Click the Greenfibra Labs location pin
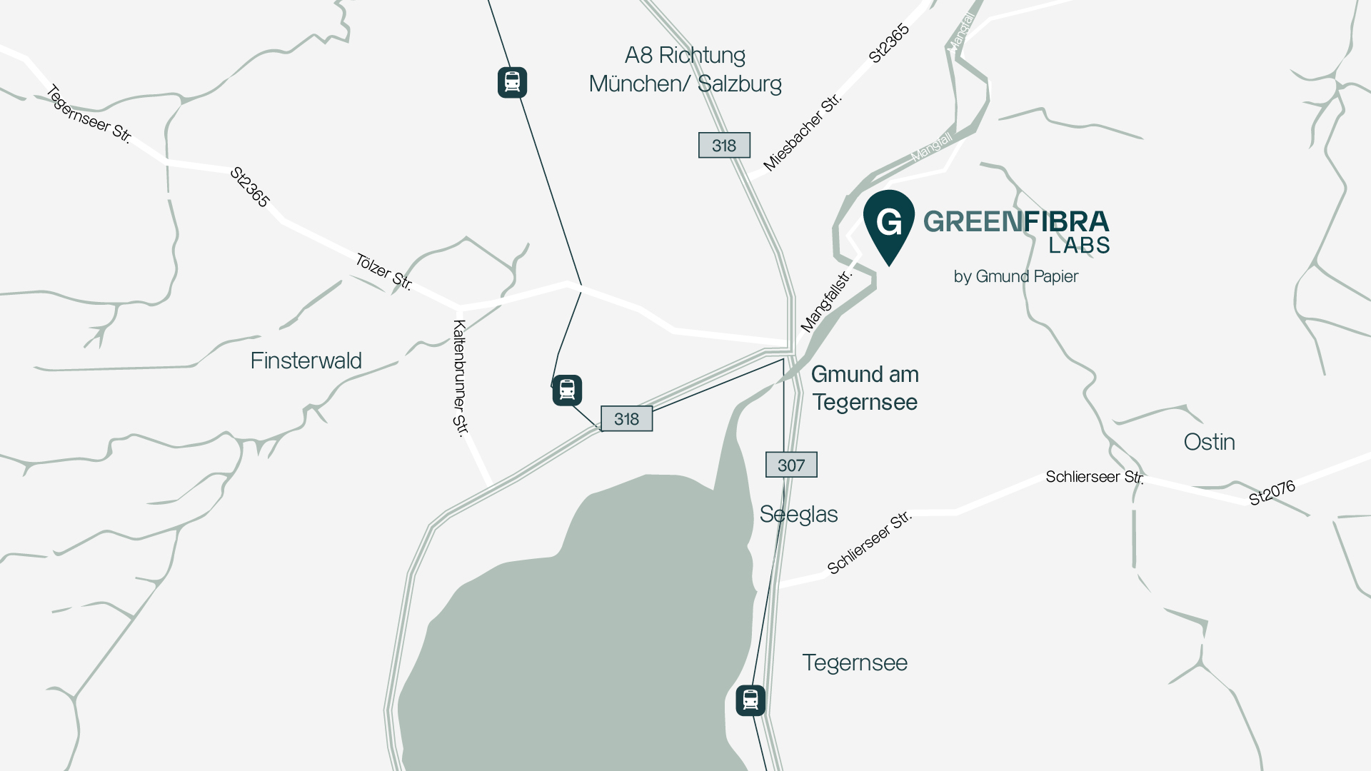click(x=889, y=224)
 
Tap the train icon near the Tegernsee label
click(x=750, y=700)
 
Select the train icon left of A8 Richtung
click(x=512, y=82)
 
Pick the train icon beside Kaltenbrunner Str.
click(x=567, y=390)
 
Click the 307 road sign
click(x=791, y=465)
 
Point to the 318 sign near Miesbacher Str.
click(x=724, y=145)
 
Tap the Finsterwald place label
click(x=306, y=361)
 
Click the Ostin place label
click(x=1209, y=442)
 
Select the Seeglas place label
click(x=798, y=514)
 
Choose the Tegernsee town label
click(x=855, y=662)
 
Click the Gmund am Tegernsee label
click(x=865, y=388)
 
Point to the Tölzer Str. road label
click(x=383, y=272)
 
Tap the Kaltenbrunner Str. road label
click(x=461, y=378)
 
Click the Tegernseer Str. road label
click(x=89, y=114)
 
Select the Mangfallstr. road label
click(x=826, y=301)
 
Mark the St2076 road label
click(x=1271, y=493)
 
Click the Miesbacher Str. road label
click(x=803, y=132)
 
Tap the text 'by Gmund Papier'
click(x=1015, y=276)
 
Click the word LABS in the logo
click(x=1079, y=245)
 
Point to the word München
click(x=633, y=84)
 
